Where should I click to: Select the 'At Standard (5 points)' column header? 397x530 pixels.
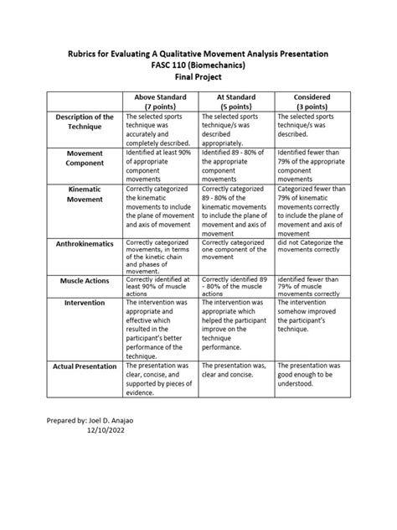point(237,102)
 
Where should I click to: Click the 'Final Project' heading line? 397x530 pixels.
point(198,75)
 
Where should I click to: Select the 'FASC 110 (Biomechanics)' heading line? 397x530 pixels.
point(198,64)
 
